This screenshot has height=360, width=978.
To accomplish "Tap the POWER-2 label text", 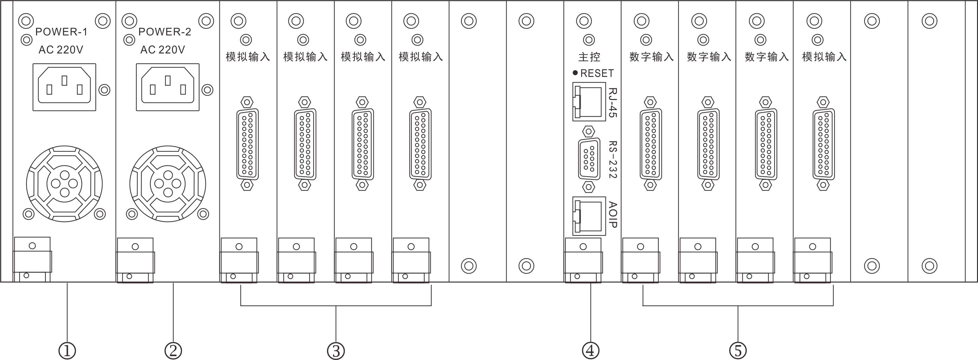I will coord(164,32).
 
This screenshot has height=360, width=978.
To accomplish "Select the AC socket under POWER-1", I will coord(64,87).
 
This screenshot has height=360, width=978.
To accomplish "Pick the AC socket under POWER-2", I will coord(168,87).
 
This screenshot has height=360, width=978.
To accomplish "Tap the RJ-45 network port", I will coord(589,102).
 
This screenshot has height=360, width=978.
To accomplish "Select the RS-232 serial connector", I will coord(588,159).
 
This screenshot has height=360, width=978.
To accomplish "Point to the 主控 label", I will coord(589,57).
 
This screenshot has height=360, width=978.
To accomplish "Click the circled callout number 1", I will coord(67,351).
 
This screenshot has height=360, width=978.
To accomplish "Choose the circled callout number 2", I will coord(173,351).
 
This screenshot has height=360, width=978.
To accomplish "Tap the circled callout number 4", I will coord(590,351).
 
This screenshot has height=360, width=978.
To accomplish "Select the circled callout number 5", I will coord(738,351).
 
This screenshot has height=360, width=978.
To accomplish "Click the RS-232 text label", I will coord(612,159).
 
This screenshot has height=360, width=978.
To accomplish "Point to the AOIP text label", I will coord(612,214).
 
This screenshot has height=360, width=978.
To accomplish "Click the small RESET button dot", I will coord(575,72).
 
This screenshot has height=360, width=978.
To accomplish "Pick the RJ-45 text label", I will coord(612,102).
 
